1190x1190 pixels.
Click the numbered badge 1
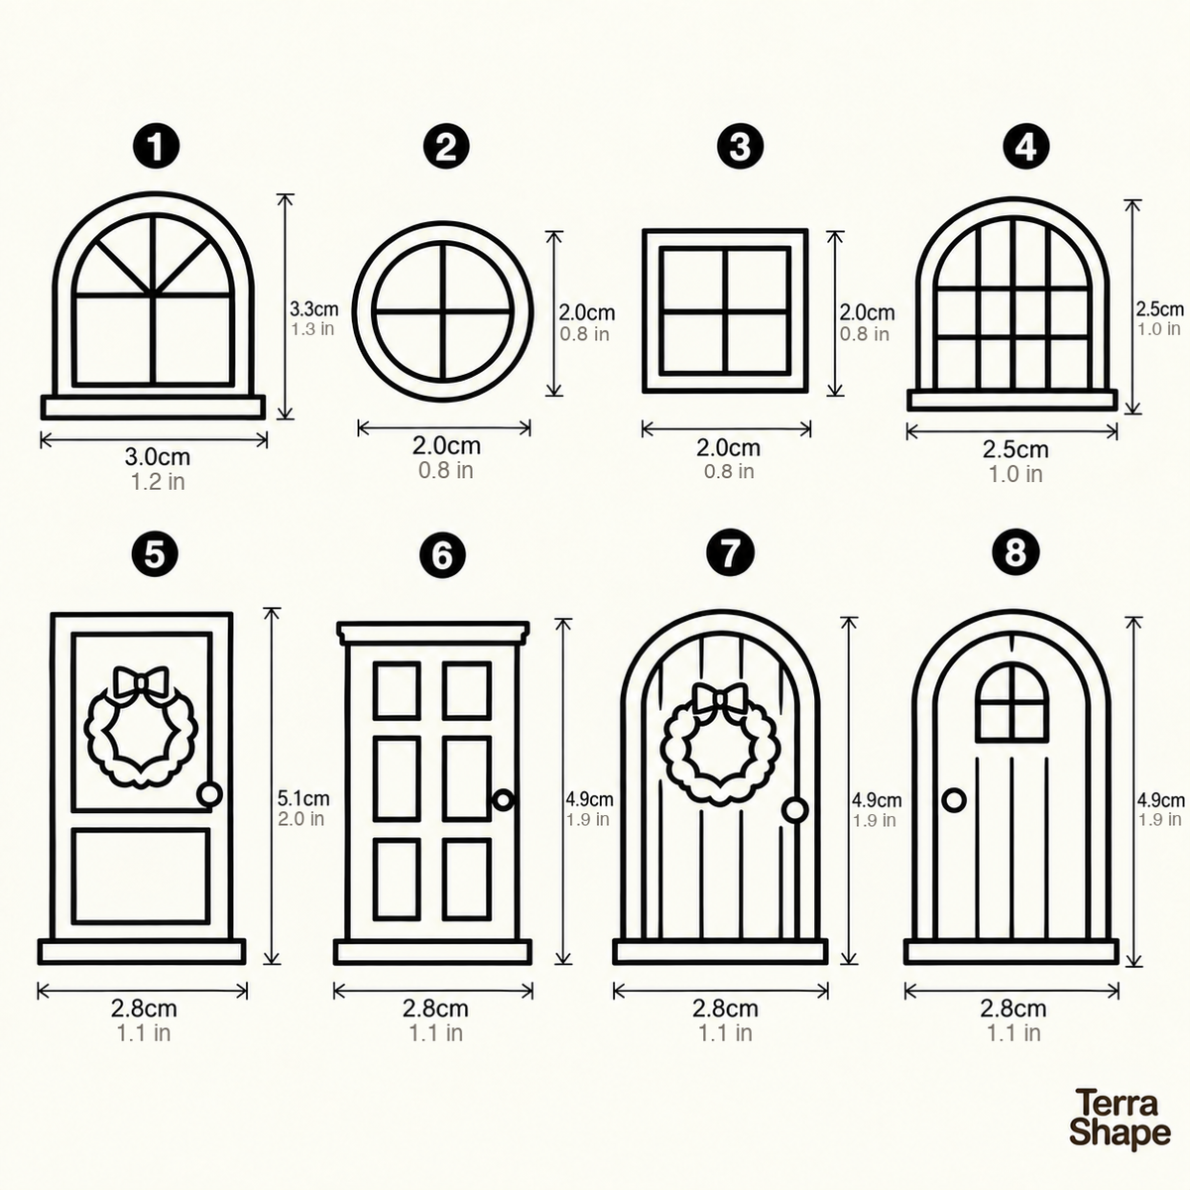click(157, 147)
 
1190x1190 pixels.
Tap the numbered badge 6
click(442, 554)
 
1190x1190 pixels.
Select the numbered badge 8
click(1015, 551)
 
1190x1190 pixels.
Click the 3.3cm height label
click(313, 308)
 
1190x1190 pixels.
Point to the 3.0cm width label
click(158, 456)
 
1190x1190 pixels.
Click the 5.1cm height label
click(303, 798)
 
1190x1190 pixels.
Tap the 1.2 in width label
click(158, 482)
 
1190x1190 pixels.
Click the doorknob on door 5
click(209, 794)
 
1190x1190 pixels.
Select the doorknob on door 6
click(504, 800)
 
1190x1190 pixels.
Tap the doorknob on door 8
click(954, 801)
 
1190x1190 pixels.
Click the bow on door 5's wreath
click(142, 681)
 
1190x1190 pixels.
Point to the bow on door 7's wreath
click(720, 698)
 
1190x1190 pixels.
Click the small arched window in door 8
click(1011, 702)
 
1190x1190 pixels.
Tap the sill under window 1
click(153, 407)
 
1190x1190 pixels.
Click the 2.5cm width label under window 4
click(1015, 449)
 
